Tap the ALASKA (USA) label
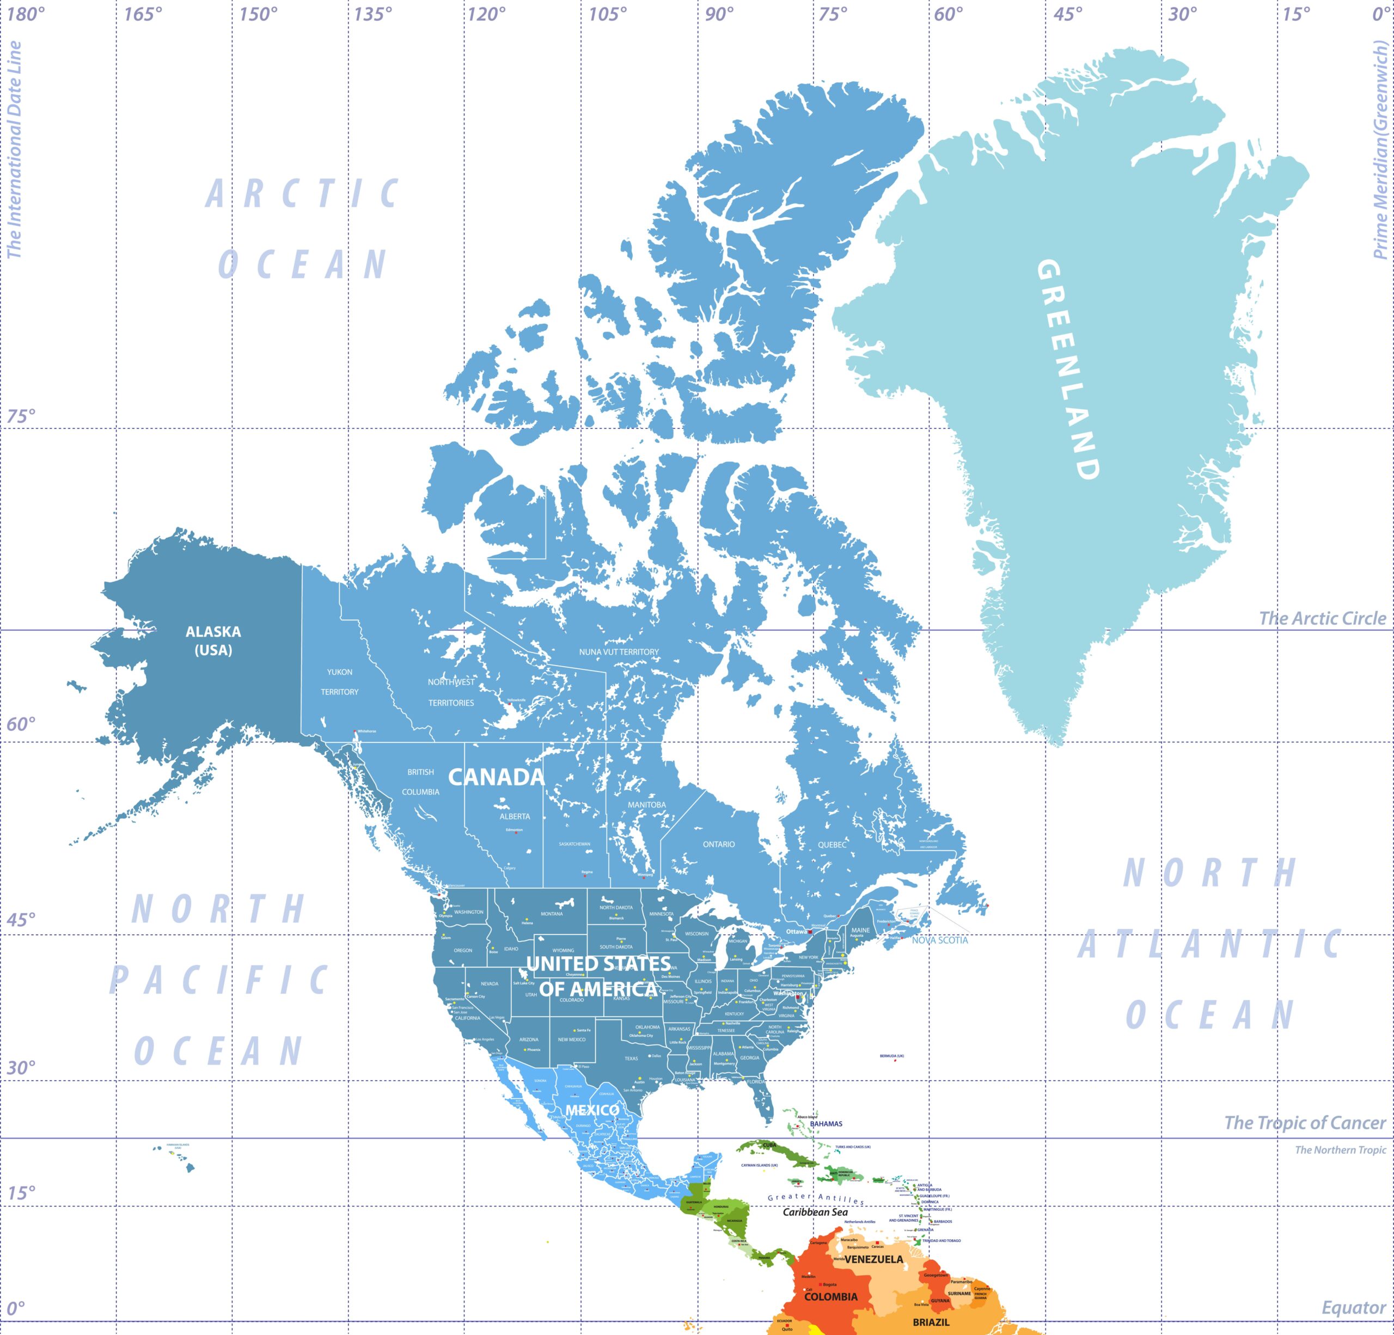pos(213,641)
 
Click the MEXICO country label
pos(592,1110)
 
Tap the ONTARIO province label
pos(719,845)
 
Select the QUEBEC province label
pos(832,845)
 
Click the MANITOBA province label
pos(646,805)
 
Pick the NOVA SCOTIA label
pos(939,940)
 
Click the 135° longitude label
pos(372,14)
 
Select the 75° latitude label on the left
pos(21,416)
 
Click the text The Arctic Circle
pos(1322,618)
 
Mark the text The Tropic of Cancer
pos(1304,1123)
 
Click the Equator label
pos(1353,1308)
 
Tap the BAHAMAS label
pos(826,1124)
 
